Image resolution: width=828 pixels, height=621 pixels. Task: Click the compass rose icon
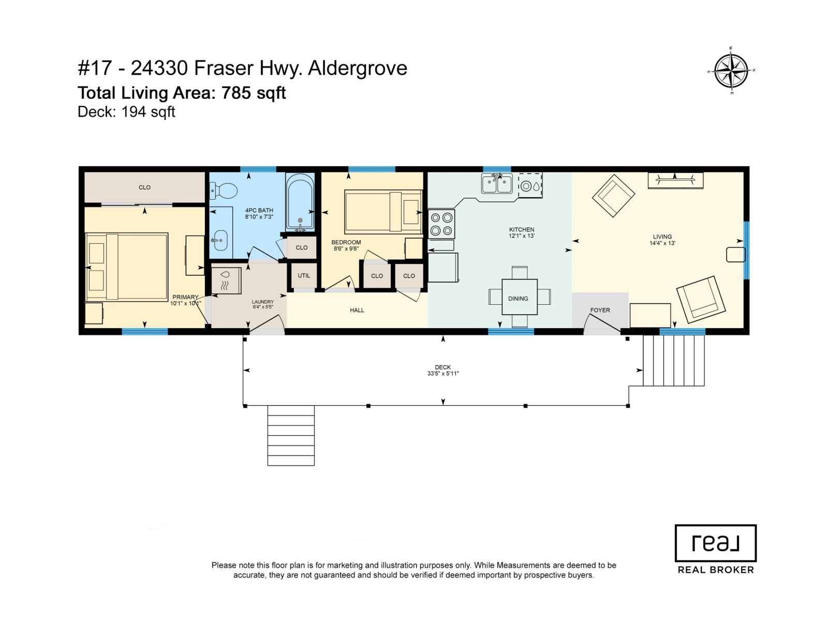[731, 71]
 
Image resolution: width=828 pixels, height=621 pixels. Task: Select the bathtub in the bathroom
[300, 202]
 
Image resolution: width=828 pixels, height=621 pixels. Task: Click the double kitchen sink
[497, 183]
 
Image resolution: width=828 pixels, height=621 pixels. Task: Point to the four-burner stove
[441, 224]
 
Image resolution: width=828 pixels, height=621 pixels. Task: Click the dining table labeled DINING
[519, 297]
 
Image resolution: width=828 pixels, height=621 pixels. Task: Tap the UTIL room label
[304, 275]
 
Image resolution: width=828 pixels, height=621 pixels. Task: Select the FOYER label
[600, 310]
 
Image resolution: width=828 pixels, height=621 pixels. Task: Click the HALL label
[357, 310]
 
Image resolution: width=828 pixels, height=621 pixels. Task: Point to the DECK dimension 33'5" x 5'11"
[443, 373]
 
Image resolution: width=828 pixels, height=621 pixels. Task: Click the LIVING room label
[662, 236]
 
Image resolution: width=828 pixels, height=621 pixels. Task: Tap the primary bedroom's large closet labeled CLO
[144, 187]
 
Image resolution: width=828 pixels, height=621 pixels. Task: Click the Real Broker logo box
[715, 543]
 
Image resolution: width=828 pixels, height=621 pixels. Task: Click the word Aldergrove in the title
[358, 68]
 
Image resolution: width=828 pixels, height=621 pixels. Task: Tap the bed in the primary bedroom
[127, 267]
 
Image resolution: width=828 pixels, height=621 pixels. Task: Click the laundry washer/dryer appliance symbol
[226, 280]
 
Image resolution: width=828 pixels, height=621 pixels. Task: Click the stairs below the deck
[291, 435]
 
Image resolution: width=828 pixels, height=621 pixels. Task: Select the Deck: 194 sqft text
[126, 112]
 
